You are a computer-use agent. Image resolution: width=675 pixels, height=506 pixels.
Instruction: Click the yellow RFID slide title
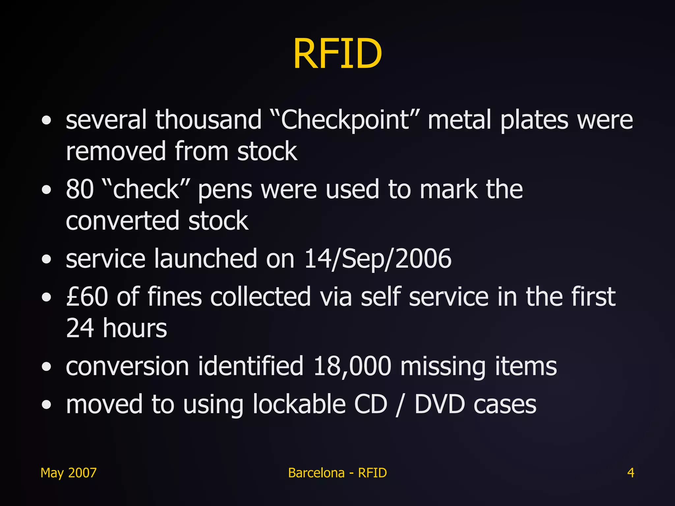[x=337, y=54]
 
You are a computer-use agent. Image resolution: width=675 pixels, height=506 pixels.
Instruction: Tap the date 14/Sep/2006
[x=377, y=259]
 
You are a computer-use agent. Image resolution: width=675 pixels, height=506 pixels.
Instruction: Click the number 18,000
[x=352, y=366]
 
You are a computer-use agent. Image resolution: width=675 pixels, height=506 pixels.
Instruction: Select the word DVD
[x=440, y=404]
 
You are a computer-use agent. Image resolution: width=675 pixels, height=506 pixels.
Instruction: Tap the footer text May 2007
[x=69, y=473]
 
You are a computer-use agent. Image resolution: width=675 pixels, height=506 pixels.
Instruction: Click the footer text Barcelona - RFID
[x=337, y=473]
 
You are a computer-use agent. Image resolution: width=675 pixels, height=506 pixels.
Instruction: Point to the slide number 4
[x=631, y=473]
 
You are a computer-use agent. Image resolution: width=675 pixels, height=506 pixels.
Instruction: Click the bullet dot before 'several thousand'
[x=47, y=121]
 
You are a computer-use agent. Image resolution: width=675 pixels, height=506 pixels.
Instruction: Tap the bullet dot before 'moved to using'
[x=47, y=405]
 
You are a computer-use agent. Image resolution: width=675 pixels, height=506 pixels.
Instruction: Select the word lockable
[x=299, y=404]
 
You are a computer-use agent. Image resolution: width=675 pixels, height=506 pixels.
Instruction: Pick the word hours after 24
[x=135, y=328]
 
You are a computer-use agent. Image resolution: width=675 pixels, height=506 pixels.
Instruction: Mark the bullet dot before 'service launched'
[x=47, y=259]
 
